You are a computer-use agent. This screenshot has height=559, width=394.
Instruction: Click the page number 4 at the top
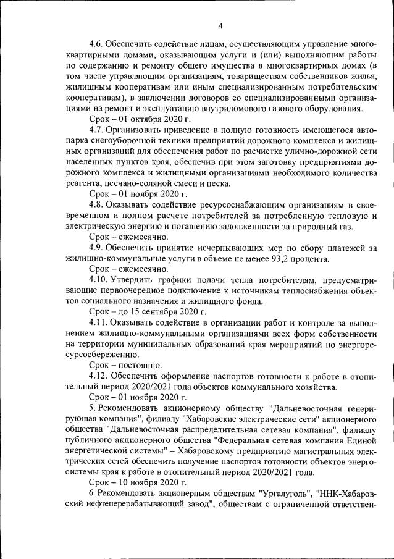coord(220,25)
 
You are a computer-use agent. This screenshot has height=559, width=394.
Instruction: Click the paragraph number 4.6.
coord(96,44)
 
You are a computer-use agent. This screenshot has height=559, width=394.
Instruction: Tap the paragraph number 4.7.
coord(96,130)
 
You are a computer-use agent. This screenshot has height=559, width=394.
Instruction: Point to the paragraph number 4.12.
coord(98,376)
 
